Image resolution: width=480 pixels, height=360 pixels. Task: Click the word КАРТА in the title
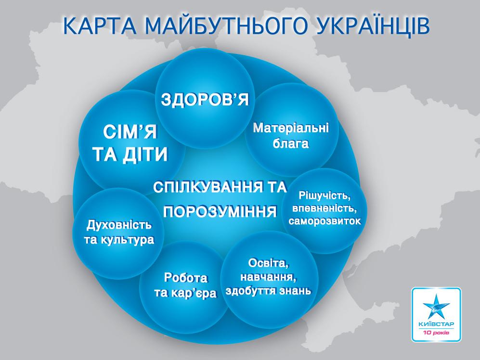point(100,26)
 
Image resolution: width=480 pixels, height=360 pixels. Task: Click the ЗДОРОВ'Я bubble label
point(205,100)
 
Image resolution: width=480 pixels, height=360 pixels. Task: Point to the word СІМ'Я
point(130,132)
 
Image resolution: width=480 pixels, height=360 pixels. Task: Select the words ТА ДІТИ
point(130,154)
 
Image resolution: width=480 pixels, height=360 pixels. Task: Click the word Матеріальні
point(290,128)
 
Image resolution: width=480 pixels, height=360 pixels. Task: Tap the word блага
point(290,143)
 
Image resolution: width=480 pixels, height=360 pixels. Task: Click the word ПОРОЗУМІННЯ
point(220,212)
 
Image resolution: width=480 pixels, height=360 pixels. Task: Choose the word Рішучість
point(324,196)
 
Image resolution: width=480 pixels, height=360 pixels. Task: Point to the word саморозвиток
point(325,221)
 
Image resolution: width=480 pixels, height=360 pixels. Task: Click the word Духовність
point(119,225)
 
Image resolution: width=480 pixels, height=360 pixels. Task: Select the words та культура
point(119,240)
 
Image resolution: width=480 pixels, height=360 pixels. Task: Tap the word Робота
point(186,278)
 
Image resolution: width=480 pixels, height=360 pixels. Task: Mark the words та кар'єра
point(185,293)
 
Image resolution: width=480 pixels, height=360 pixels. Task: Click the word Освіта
point(269,263)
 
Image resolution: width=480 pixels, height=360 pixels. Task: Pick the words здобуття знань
point(268,291)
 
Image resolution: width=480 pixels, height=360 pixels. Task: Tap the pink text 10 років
point(436,333)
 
